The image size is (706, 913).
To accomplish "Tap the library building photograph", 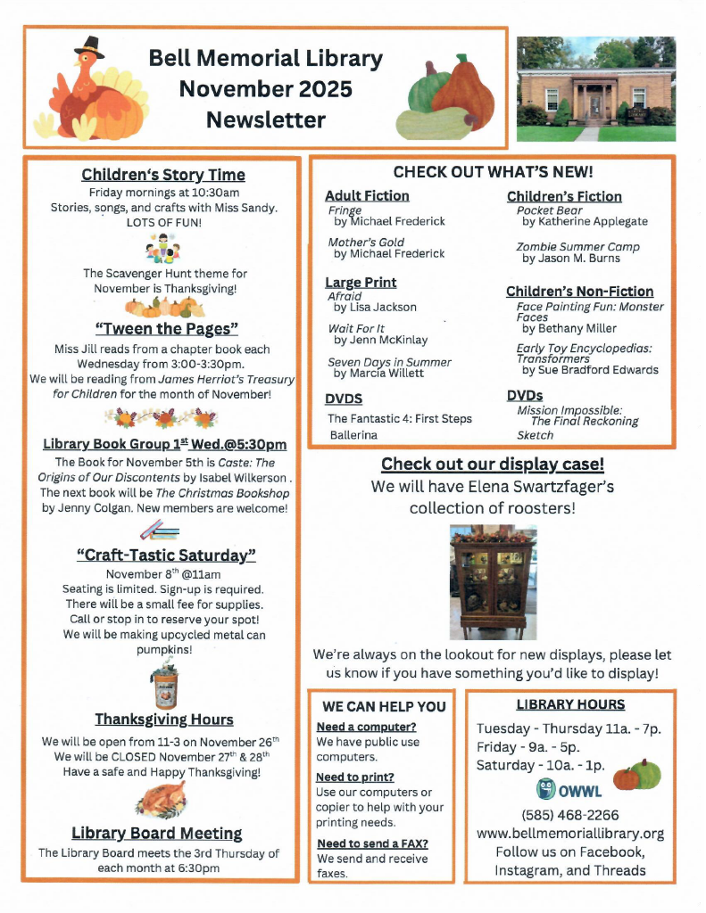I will click(x=596, y=89).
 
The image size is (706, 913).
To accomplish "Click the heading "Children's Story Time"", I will click(x=162, y=175).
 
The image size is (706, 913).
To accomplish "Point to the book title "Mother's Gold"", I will click(x=366, y=243).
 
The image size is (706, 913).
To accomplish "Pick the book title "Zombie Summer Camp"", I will click(x=577, y=247).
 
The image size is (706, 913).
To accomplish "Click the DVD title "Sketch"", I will click(x=535, y=435).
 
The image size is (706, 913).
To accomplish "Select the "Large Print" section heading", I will click(x=361, y=283).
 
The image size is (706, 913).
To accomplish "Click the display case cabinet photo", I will click(x=493, y=582).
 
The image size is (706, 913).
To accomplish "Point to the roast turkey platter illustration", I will click(x=161, y=799).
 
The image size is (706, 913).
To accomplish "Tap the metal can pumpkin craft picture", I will click(x=163, y=687).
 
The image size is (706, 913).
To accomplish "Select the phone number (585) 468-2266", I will click(x=569, y=815).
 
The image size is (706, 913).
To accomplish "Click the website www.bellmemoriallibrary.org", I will click(x=569, y=834).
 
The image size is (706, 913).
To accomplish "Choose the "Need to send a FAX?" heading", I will click(x=372, y=843).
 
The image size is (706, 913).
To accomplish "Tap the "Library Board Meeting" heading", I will click(x=157, y=833).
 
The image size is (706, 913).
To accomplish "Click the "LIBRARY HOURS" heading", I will click(x=570, y=704).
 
